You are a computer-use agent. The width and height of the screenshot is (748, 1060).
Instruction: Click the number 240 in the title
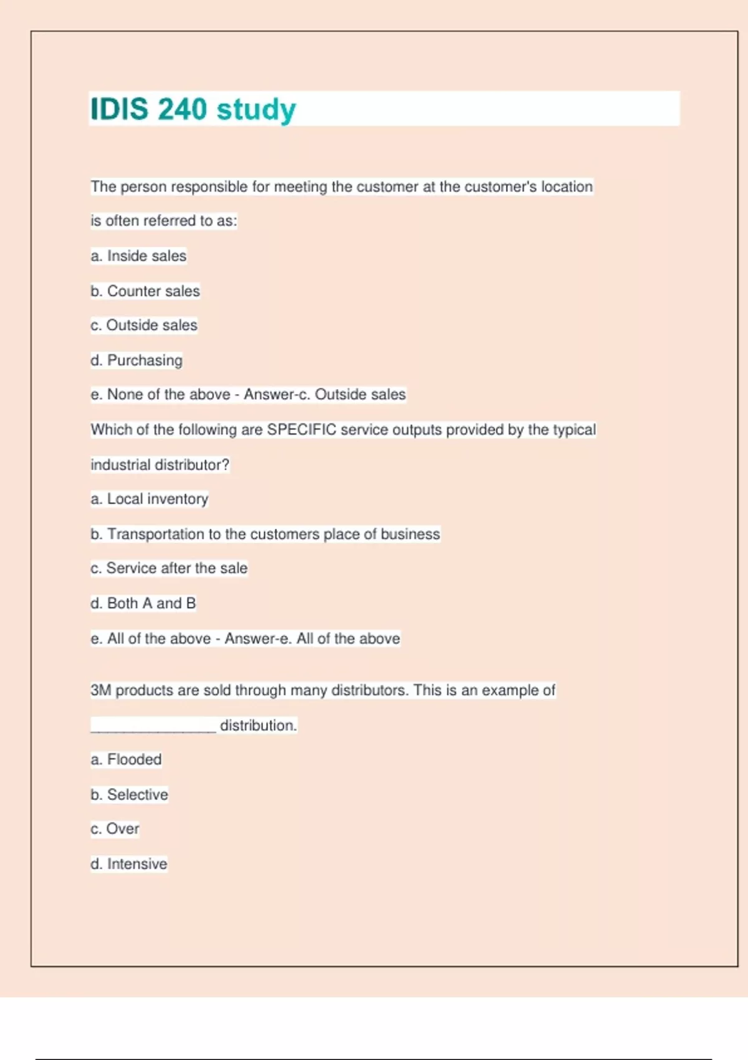coord(182,109)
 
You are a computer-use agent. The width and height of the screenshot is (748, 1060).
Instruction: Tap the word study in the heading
coord(256,110)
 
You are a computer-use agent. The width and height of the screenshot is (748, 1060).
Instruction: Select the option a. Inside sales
coord(138,256)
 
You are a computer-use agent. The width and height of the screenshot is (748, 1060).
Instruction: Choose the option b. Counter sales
coord(145,291)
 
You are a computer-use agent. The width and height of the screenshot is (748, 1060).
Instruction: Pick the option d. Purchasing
coord(137,360)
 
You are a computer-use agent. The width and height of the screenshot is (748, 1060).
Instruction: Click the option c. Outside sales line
coord(144,325)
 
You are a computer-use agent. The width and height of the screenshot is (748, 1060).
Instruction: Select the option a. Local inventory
coord(150,499)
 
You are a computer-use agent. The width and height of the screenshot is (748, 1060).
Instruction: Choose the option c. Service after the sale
coord(169,568)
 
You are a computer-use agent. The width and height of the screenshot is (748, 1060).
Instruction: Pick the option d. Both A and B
coord(143,604)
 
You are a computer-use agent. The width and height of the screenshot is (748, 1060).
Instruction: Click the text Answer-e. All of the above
coord(312,638)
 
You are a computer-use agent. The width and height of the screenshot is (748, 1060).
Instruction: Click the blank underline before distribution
coord(153,726)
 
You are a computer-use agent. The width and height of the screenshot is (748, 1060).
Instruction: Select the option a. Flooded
coord(126,759)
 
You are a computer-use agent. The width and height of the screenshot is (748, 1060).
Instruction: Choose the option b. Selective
coord(129,795)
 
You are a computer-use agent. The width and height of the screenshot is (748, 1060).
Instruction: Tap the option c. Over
coord(115,829)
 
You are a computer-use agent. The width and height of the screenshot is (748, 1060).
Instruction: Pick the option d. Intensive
coord(129,864)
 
